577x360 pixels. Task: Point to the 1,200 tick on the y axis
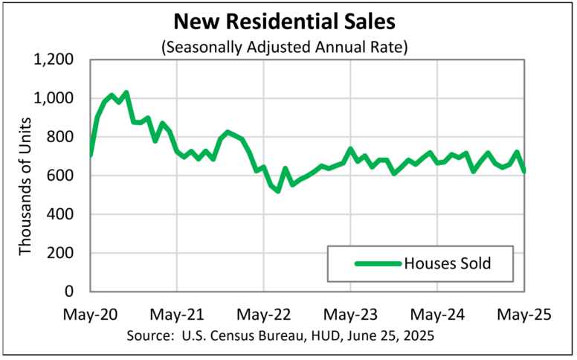click(x=54, y=60)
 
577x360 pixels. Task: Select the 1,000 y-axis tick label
click(x=54, y=98)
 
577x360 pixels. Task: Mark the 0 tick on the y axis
click(x=75, y=292)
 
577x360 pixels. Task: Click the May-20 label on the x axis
click(x=90, y=315)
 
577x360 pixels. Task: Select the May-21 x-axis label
click(x=177, y=315)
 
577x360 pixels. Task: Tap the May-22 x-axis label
click(x=264, y=315)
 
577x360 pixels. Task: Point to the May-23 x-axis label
click(x=351, y=315)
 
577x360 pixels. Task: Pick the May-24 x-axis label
click(x=438, y=315)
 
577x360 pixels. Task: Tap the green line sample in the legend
click(x=377, y=263)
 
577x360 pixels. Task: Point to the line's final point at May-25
click(x=525, y=171)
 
